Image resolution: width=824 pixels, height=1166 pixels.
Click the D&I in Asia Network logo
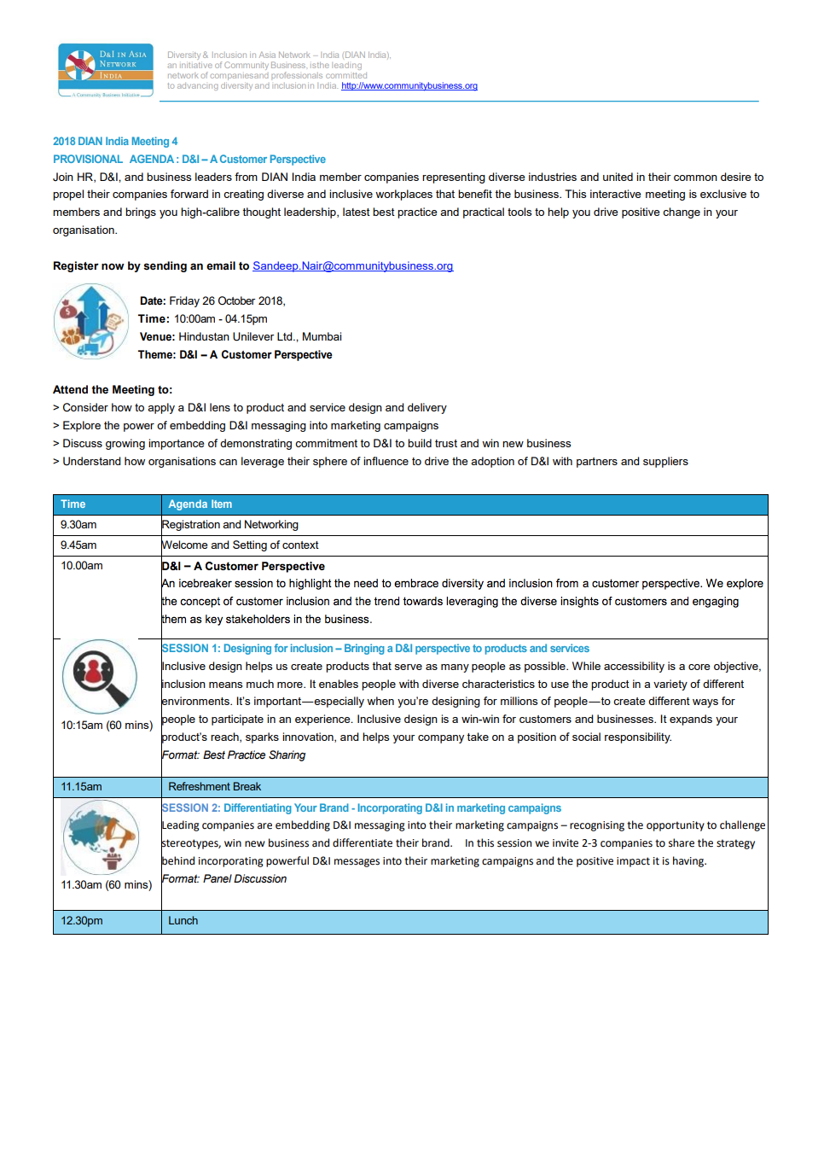106,70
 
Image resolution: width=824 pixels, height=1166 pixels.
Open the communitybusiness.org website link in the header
409,86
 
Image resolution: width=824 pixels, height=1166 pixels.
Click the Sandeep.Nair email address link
352,266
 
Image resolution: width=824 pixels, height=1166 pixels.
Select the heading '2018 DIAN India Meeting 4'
115,142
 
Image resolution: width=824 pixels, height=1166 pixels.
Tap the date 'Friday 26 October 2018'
226,301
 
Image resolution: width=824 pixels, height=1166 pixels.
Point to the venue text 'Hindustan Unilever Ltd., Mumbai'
259,337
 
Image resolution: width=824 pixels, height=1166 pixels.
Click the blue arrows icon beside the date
91,321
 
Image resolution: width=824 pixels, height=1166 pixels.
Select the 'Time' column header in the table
73,504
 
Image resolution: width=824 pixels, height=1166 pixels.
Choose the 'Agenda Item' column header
200,504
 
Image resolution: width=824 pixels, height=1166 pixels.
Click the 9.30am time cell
78,525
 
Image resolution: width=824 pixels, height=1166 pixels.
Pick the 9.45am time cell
78,545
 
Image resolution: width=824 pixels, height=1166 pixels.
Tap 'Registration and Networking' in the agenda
230,525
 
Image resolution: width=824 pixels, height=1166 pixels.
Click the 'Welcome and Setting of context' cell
241,545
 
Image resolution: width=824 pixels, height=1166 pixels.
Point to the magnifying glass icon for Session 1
100,676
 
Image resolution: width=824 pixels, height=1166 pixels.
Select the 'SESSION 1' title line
375,649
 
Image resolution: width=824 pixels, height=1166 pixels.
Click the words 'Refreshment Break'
214,787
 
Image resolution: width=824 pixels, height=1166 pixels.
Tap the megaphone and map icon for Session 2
101,837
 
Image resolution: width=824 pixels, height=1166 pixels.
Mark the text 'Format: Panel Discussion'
224,879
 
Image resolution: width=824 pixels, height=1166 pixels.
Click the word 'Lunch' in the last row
183,921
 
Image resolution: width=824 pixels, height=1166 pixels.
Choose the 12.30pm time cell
82,921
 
